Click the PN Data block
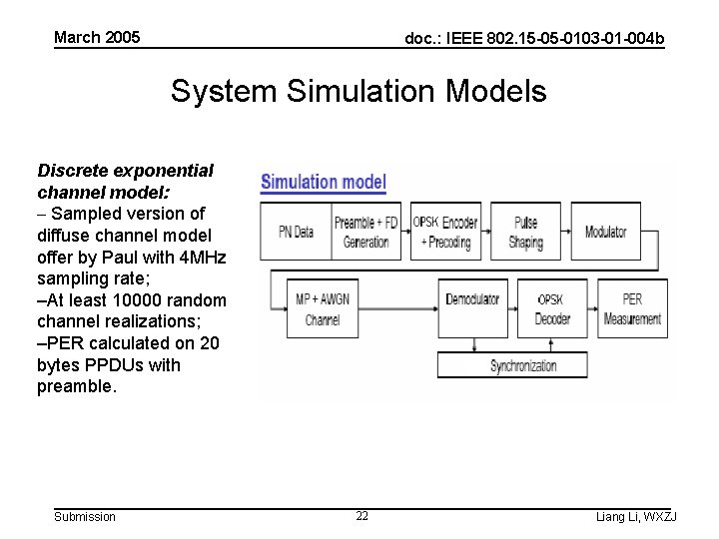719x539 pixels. (297, 232)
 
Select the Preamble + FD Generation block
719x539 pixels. (365, 232)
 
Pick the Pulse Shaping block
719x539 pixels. (525, 232)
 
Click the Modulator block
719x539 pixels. (606, 232)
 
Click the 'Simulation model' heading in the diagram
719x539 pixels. (324, 183)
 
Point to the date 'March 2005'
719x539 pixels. (97, 38)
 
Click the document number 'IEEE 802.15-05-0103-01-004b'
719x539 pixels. (534, 39)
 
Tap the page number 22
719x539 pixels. (361, 516)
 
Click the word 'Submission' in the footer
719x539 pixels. (85, 516)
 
